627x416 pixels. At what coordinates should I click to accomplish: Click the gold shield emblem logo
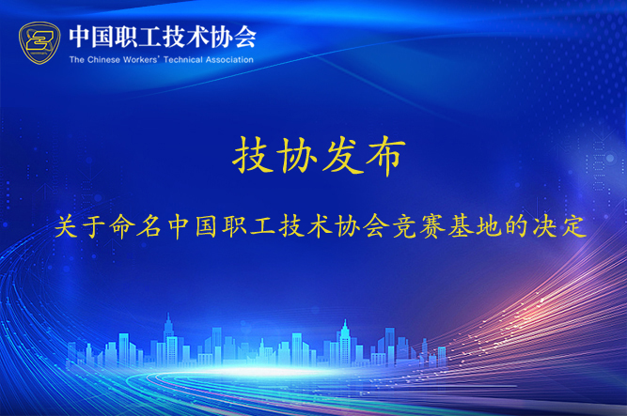tap(39, 43)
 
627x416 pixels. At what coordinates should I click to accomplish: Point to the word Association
tap(229, 60)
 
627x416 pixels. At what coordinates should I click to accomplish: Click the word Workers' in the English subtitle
tap(142, 60)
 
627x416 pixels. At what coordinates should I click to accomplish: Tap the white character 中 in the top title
tap(79, 37)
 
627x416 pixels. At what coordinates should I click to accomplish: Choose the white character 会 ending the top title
tap(244, 37)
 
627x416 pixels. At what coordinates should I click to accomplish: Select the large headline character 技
tap(253, 155)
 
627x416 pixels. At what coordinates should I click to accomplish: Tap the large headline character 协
tap(298, 155)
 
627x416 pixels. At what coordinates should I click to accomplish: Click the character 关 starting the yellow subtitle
tap(67, 226)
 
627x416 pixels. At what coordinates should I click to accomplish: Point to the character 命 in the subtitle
tap(122, 226)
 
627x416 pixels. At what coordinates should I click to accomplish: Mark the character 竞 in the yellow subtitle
tap(405, 226)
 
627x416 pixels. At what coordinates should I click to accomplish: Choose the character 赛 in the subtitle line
tap(433, 226)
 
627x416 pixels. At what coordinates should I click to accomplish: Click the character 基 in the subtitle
tap(461, 226)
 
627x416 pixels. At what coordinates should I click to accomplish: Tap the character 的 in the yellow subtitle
tap(517, 226)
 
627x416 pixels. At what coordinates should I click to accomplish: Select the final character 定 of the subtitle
tap(574, 226)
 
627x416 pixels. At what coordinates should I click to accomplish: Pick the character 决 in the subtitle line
tap(546, 226)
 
